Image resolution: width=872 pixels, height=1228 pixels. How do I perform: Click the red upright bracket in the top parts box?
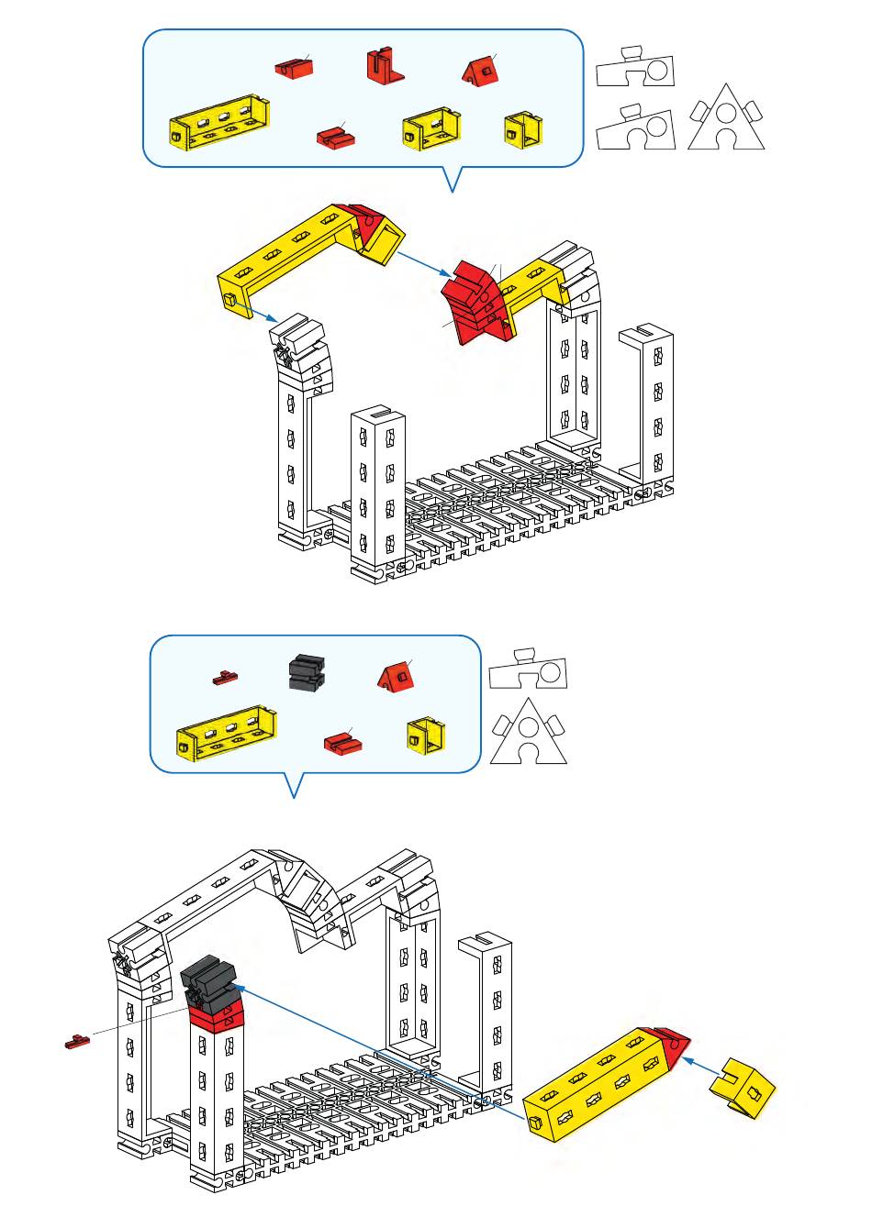386,66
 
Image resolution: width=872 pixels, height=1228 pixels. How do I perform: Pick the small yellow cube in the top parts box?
523,131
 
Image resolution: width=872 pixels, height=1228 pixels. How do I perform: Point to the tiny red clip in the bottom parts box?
225,679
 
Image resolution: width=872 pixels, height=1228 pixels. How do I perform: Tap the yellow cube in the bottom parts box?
426,736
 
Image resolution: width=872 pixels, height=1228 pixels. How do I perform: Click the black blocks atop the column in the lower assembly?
209,980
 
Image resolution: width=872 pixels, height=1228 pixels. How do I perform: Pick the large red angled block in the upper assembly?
475,303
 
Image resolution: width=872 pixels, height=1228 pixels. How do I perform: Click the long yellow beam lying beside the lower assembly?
597,1087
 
